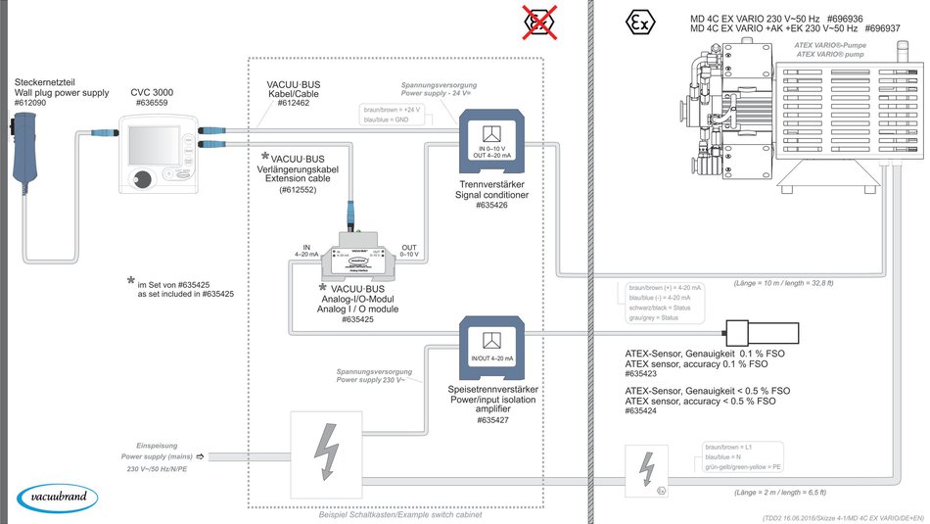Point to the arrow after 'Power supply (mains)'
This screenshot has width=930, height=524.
pos(201,455)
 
